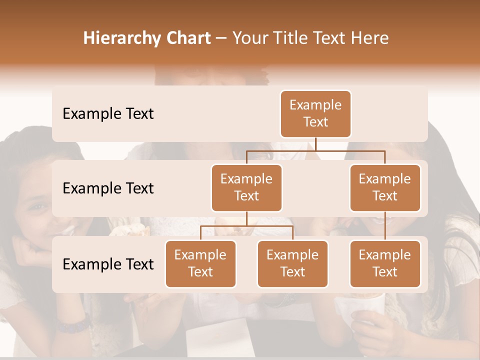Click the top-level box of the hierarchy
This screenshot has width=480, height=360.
[315, 114]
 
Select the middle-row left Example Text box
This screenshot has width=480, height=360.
[246, 188]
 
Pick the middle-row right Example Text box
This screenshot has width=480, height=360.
[385, 188]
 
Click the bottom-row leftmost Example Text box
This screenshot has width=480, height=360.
[200, 264]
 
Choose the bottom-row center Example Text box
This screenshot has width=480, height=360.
[292, 264]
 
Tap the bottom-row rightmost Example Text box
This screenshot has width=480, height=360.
[385, 264]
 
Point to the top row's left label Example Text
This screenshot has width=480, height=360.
[108, 114]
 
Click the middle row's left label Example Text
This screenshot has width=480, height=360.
[108, 188]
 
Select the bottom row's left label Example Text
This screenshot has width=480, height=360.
[108, 264]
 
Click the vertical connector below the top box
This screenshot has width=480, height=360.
[315, 144]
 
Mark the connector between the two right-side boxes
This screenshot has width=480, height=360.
[385, 226]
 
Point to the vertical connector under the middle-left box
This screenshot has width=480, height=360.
[246, 219]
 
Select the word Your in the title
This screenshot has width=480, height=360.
[250, 38]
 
